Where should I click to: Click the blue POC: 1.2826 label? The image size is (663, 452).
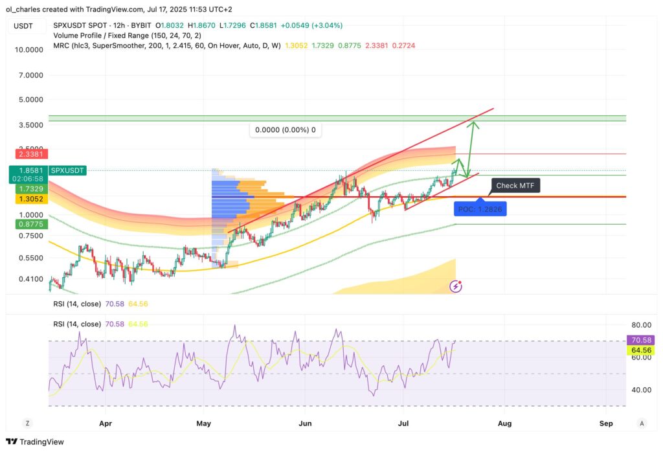(x=480, y=209)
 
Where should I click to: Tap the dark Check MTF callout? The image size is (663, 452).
(x=515, y=186)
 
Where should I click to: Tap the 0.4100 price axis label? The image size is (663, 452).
(x=30, y=279)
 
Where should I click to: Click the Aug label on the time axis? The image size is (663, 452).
(x=504, y=423)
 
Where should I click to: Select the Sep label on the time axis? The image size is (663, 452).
(x=606, y=423)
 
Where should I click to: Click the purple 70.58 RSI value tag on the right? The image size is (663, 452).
(x=641, y=340)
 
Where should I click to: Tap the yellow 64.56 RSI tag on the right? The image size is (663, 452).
(x=641, y=350)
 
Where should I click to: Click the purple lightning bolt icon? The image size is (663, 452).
(x=456, y=285)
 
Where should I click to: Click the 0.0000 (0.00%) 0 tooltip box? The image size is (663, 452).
(x=286, y=130)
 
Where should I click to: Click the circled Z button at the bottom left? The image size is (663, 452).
(x=27, y=423)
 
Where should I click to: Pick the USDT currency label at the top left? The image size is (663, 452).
(x=24, y=25)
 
